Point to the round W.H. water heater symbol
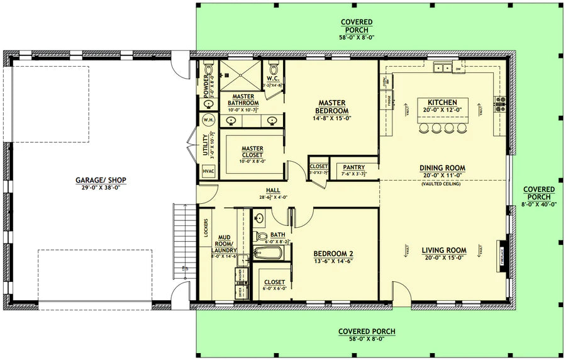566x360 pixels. tap(208, 120)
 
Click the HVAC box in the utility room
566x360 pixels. tap(208, 171)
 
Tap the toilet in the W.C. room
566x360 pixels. tap(272, 67)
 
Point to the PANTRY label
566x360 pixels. tap(352, 168)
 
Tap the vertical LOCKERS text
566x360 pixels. tap(206, 228)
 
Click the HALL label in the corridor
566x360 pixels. tap(273, 189)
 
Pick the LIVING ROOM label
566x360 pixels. tap(443, 250)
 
